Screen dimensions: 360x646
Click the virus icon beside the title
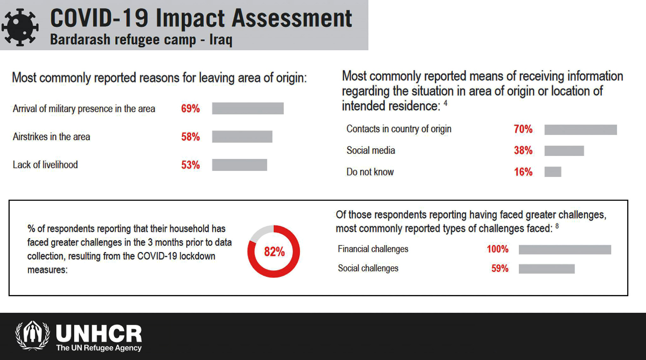point(20,27)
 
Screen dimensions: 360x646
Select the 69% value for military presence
point(190,109)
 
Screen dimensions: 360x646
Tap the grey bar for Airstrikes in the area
point(242,136)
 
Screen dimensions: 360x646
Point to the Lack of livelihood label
point(45,165)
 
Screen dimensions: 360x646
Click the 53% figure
point(190,165)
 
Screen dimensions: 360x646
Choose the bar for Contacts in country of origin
point(580,129)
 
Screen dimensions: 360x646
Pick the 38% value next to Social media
point(523,150)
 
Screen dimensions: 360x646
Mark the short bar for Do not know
point(553,172)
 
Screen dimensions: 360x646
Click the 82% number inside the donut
point(274,252)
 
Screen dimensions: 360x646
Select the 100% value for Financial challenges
point(497,249)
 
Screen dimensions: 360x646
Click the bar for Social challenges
point(547,269)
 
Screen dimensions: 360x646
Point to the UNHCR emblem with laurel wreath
point(33,336)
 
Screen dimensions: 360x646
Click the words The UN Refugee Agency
point(99,348)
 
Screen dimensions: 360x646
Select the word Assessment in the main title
point(292,18)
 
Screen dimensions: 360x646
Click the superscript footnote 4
point(446,103)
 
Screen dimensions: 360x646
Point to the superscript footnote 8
point(557,226)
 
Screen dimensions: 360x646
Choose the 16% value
point(523,172)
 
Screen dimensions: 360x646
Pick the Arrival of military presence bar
point(248,108)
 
